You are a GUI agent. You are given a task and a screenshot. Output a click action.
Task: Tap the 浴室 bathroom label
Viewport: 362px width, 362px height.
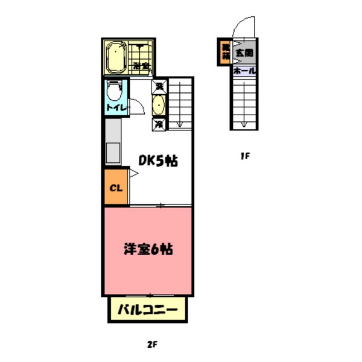coord(142,65)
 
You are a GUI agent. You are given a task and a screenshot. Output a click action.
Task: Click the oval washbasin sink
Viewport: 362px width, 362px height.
coord(159,106)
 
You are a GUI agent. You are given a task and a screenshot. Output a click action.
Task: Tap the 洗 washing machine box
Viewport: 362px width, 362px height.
coord(159,86)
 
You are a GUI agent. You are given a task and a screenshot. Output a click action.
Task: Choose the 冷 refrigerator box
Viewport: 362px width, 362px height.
coord(159,125)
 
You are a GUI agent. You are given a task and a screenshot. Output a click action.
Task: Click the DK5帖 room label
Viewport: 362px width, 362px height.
coord(158,161)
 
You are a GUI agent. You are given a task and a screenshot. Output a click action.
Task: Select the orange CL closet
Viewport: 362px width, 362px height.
coord(115,187)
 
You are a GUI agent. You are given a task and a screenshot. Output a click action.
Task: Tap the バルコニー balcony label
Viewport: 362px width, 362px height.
coord(148,311)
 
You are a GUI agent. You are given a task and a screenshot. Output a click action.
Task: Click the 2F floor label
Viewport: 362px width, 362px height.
coord(151,345)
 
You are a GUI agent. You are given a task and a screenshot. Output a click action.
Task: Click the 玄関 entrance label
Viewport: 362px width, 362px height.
coord(244,52)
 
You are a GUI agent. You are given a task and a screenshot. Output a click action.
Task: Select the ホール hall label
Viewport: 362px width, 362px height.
coord(244,70)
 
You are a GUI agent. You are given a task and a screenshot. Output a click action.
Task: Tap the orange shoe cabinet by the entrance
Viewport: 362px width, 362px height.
coord(224,52)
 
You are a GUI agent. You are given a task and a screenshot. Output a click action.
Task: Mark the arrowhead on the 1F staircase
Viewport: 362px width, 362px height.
coord(244,124)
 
